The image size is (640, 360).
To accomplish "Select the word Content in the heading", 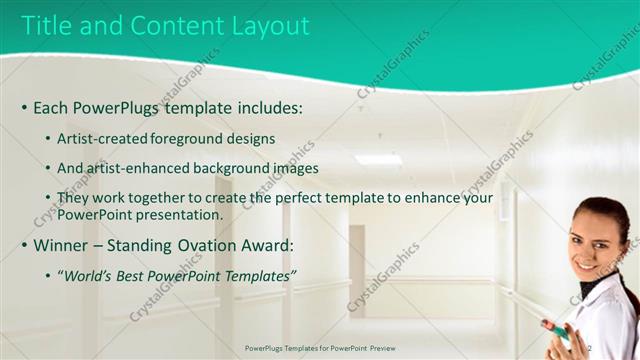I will (166, 27).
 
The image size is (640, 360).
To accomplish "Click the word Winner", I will (60, 245).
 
